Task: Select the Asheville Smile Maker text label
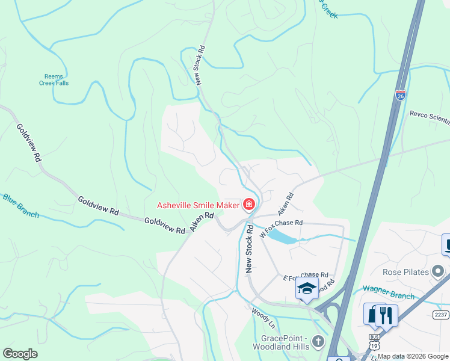point(198,205)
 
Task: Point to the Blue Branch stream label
point(20,205)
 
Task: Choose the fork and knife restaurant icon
point(386,315)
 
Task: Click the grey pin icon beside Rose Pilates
point(439,272)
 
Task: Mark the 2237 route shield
point(441,314)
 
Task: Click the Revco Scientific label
point(429,117)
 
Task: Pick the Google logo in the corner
point(20,354)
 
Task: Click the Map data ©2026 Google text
point(412,356)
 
